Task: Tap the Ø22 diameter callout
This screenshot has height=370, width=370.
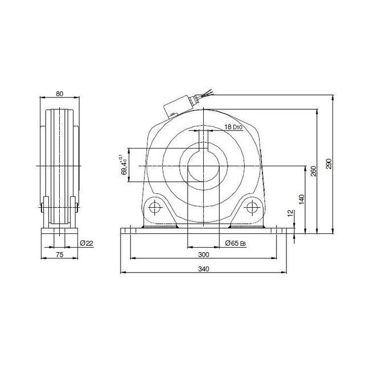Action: pos(87,243)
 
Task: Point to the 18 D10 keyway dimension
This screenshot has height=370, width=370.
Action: pos(233,127)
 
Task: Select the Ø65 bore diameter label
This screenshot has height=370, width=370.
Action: pos(235,243)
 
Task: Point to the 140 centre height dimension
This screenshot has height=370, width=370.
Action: pos(302,199)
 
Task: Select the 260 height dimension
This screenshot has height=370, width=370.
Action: pos(313,171)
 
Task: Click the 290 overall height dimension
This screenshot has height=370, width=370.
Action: pos(328,164)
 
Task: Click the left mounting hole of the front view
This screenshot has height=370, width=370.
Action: pos(154,208)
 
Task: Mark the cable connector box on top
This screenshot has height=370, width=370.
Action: pos(178,106)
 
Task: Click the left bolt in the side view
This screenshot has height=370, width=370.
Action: pos(44,203)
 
